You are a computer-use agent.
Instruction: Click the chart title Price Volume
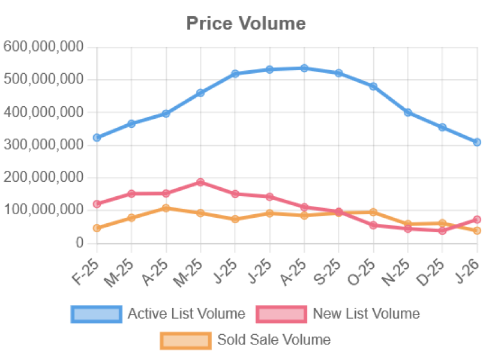click(246, 23)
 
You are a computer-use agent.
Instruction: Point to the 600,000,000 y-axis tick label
click(43, 46)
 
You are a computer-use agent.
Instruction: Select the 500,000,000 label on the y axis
click(43, 79)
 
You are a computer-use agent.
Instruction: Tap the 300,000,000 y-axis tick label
click(43, 144)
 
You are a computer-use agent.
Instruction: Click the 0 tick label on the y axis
click(79, 242)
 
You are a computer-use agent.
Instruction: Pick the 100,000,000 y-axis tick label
click(43, 209)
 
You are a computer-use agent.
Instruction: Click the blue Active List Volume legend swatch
click(95, 314)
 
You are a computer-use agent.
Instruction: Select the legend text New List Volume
click(366, 314)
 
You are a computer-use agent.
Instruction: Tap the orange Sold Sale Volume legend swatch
click(185, 340)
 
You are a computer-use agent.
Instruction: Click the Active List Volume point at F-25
click(97, 138)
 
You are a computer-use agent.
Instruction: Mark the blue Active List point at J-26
click(478, 142)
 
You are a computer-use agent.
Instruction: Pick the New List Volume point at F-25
click(97, 204)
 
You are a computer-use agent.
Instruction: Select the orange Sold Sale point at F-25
click(97, 228)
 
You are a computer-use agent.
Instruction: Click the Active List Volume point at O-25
click(373, 86)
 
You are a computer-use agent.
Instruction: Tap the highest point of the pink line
click(201, 182)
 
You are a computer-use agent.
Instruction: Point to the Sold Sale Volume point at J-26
click(478, 230)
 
